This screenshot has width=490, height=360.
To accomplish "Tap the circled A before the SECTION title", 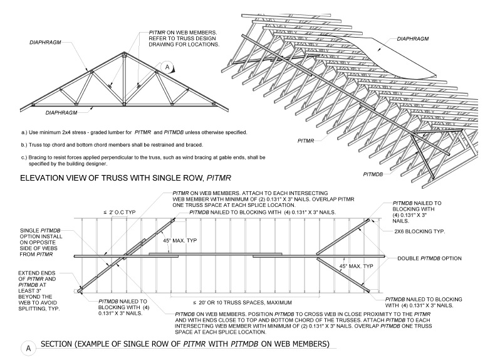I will pos(27,347).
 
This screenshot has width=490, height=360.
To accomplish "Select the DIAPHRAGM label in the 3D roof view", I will pos(414,38).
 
